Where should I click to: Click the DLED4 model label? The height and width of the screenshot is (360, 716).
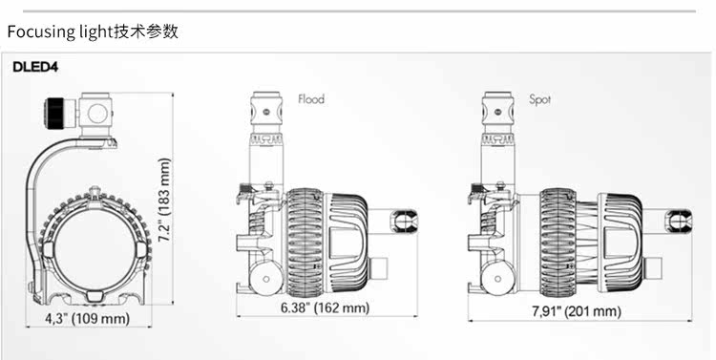(35, 67)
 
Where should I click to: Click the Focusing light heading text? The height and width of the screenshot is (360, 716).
(61, 32)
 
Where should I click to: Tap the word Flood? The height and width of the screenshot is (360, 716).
(311, 99)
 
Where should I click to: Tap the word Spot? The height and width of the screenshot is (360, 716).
(539, 99)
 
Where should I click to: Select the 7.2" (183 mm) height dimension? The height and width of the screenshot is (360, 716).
(165, 201)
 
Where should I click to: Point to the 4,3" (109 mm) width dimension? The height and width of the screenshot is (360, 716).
(87, 318)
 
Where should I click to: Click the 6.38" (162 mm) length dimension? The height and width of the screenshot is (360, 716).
(325, 307)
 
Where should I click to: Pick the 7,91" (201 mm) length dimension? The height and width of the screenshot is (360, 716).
(577, 311)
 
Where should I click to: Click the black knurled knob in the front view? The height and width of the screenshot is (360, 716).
(55, 113)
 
